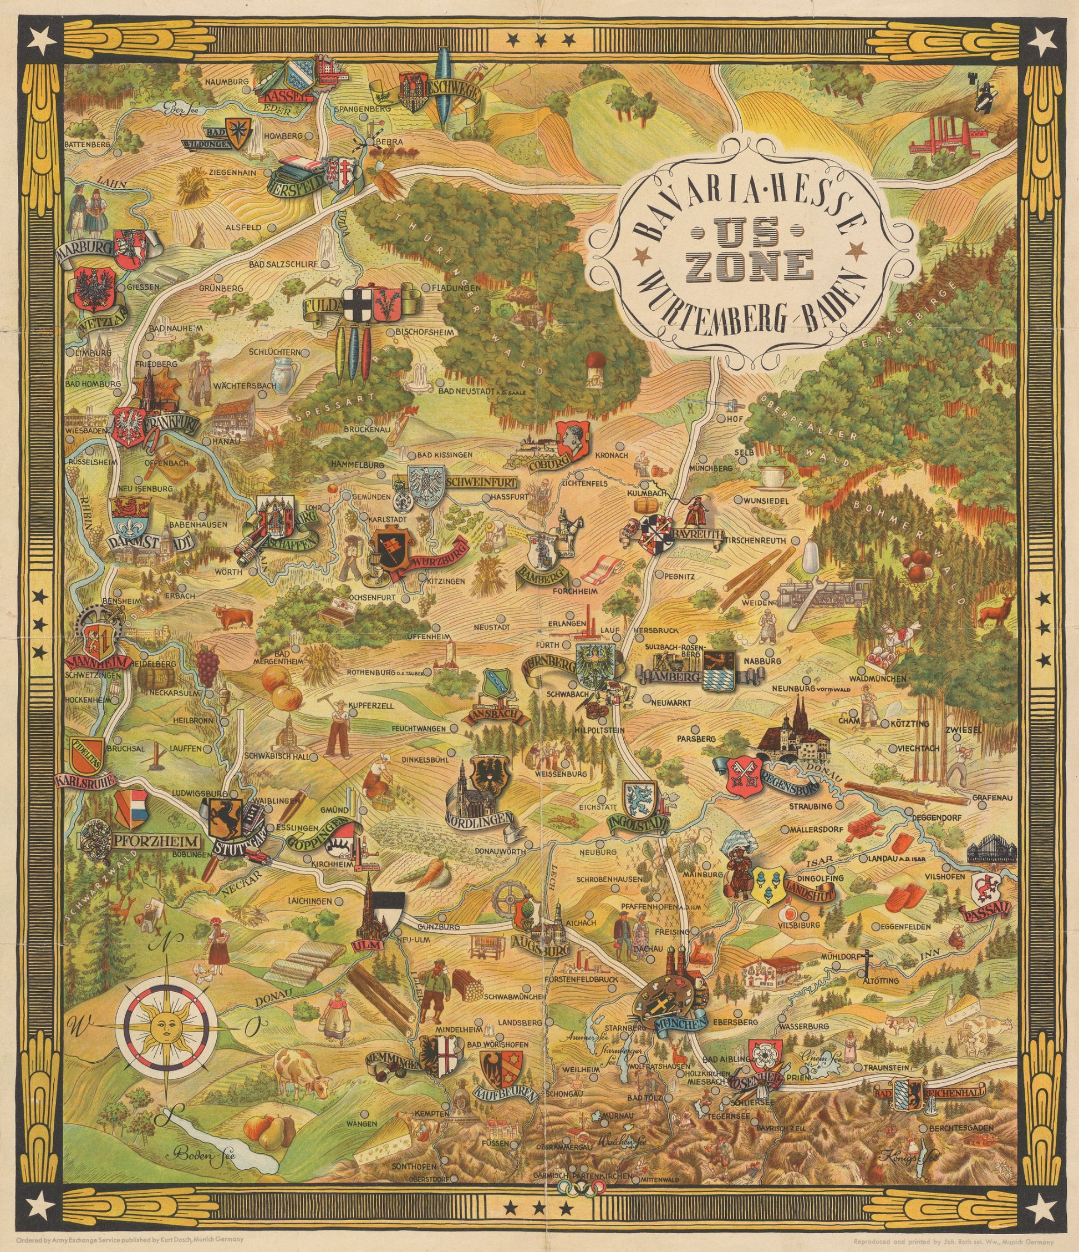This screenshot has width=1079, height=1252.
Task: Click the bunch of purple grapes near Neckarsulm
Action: [x=206, y=665]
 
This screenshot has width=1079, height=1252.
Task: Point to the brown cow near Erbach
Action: [x=232, y=617]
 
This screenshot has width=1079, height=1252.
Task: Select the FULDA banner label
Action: [x=320, y=306]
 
